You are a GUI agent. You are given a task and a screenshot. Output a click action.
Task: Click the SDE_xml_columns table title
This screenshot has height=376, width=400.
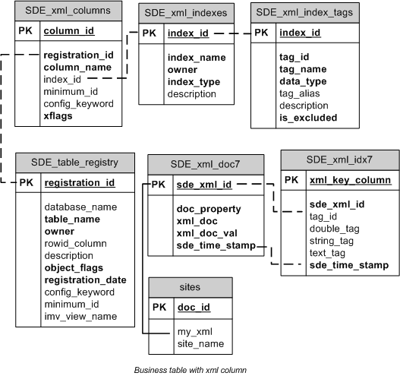(x=68, y=11)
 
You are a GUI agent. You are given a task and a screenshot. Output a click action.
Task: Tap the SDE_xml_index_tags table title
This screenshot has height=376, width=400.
(x=304, y=13)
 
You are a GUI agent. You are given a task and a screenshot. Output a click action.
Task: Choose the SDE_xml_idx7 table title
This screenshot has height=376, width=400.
(x=339, y=181)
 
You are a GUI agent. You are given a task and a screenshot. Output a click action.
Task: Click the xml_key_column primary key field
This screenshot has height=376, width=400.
(x=348, y=201)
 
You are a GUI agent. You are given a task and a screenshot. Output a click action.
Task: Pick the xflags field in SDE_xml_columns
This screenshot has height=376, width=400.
(x=59, y=115)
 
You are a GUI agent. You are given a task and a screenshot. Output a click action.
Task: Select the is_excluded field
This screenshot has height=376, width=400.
(x=308, y=118)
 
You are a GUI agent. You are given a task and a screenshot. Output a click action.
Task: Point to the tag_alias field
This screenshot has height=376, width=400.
(x=301, y=93)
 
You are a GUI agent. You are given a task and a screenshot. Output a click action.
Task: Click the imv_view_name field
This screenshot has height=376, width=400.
(x=80, y=316)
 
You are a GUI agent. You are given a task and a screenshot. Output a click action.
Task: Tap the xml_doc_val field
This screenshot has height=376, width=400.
(x=206, y=233)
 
